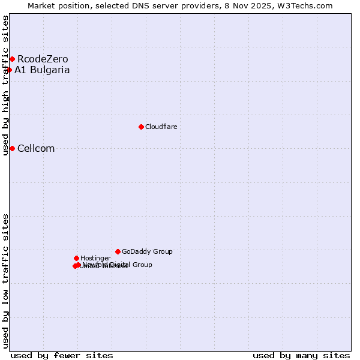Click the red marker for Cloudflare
click(141, 127)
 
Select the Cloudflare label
click(161, 127)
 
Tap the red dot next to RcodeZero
click(12, 59)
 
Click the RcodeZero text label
click(43, 59)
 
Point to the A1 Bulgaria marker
click(9, 70)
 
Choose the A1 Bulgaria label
click(42, 70)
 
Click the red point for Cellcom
click(12, 148)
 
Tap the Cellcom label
click(36, 148)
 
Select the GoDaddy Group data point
click(118, 251)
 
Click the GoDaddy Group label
click(147, 251)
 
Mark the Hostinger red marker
click(76, 258)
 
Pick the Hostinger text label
click(95, 258)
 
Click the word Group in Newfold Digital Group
click(142, 264)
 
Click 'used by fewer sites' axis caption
click(62, 355)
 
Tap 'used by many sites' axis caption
click(301, 355)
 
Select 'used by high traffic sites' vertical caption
click(5, 85)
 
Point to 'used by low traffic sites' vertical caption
click(5, 280)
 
